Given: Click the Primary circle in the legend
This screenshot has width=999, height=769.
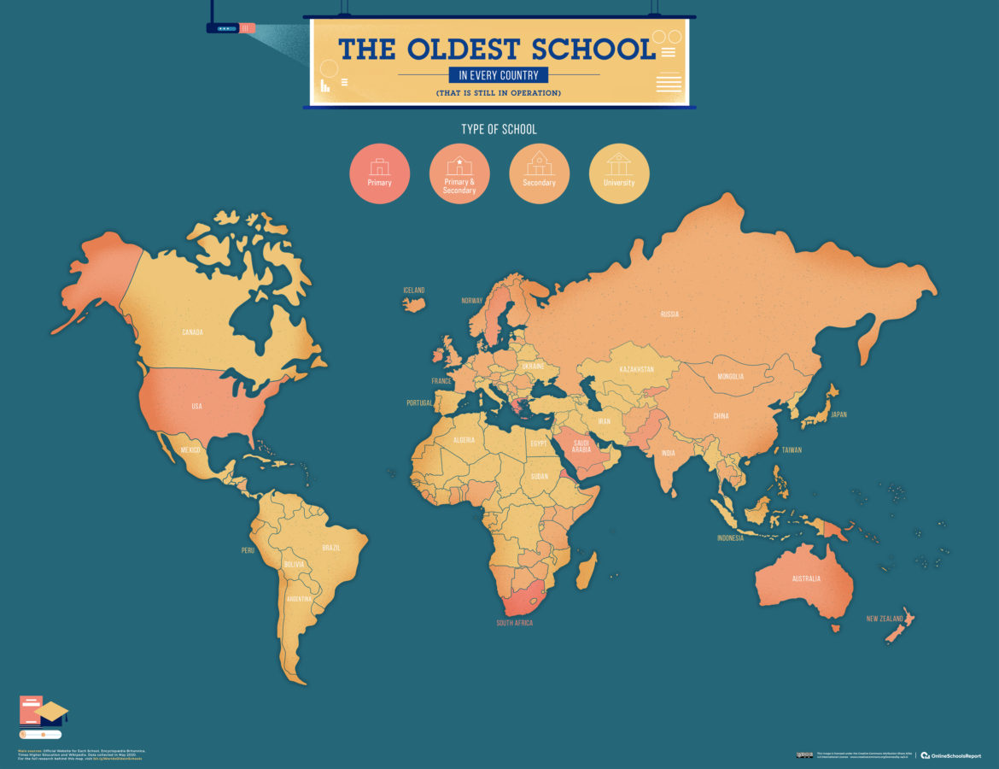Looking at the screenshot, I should tap(379, 173).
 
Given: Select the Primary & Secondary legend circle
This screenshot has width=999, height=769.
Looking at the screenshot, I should tap(459, 173).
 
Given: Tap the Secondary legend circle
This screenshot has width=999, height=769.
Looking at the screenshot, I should tap(539, 173).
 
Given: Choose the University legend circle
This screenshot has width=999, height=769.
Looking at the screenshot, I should tap(619, 173).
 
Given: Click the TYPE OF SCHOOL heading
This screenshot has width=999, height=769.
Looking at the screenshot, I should tap(499, 129).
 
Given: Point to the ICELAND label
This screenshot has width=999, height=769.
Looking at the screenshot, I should tap(413, 291).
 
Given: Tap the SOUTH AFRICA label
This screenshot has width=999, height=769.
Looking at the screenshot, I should tap(514, 623).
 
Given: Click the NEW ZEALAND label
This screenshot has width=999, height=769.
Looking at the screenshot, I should tap(884, 619).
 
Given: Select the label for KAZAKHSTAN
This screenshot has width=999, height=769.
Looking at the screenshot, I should tap(636, 369).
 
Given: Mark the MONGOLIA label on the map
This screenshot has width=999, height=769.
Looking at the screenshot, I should tap(730, 377).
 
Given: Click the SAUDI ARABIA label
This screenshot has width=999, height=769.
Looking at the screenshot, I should tap(581, 446).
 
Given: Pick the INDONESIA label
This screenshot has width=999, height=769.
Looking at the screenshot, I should tap(730, 538).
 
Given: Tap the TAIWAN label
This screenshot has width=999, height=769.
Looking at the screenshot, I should tap(792, 449).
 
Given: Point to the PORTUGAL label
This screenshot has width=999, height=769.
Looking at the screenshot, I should tap(418, 403).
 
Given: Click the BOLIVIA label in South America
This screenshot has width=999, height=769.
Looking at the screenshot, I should tap(294, 565).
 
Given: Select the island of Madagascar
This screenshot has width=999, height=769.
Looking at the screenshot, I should tap(587, 569).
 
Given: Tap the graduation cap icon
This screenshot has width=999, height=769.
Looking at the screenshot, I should tap(51, 711).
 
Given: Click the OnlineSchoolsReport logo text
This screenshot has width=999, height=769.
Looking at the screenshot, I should tap(955, 755).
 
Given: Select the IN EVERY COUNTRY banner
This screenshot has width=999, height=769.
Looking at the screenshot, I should tap(499, 75).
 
